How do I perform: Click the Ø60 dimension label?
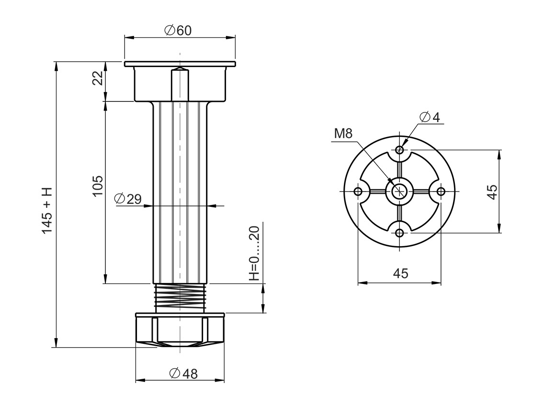click(178, 30)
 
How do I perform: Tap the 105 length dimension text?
click(98, 185)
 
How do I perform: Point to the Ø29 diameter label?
click(128, 199)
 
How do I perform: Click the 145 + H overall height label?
click(47, 211)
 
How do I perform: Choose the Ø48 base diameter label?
click(184, 374)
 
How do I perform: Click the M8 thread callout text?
click(343, 134)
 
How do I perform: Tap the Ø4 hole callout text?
click(430, 117)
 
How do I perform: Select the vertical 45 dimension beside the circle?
click(492, 191)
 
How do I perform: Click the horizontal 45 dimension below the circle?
click(400, 273)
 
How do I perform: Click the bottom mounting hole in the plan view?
click(400, 233)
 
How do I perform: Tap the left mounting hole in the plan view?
click(358, 192)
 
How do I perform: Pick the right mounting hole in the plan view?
click(442, 192)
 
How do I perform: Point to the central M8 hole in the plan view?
click(399, 192)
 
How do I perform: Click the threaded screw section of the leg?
click(180, 297)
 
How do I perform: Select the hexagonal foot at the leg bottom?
click(180, 330)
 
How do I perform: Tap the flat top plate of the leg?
click(180, 64)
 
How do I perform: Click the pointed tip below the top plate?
click(180, 69)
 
